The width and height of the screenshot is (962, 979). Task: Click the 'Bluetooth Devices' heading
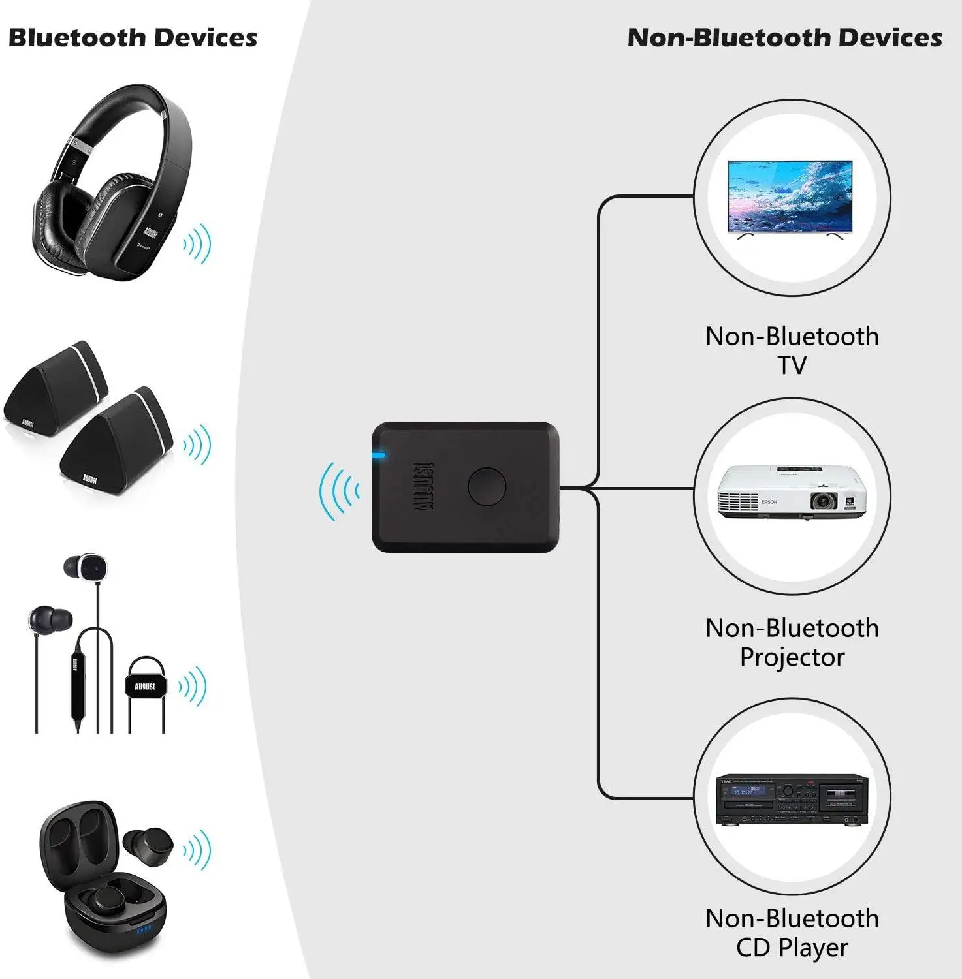[x=133, y=38]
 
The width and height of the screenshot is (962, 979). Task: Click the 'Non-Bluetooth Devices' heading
[x=784, y=38]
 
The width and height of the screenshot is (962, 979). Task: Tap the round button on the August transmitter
[x=487, y=486]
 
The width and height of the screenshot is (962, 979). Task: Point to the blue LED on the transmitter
[x=378, y=455]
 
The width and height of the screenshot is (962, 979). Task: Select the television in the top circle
[x=790, y=198]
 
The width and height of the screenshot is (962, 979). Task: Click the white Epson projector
[x=791, y=493]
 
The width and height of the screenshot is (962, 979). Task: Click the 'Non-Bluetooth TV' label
[x=792, y=350]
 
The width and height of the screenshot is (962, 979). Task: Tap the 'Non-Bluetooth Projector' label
[x=792, y=642]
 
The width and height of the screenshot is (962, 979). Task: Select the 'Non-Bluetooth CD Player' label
[x=792, y=933]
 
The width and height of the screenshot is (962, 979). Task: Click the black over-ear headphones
[x=111, y=186]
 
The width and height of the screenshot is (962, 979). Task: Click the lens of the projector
[x=823, y=501]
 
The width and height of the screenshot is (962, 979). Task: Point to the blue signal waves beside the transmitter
[x=338, y=491]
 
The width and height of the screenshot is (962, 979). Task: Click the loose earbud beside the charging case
[x=149, y=845]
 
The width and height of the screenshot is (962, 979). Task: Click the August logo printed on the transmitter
[x=425, y=486]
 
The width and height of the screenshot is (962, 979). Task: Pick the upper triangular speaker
[x=56, y=385]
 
